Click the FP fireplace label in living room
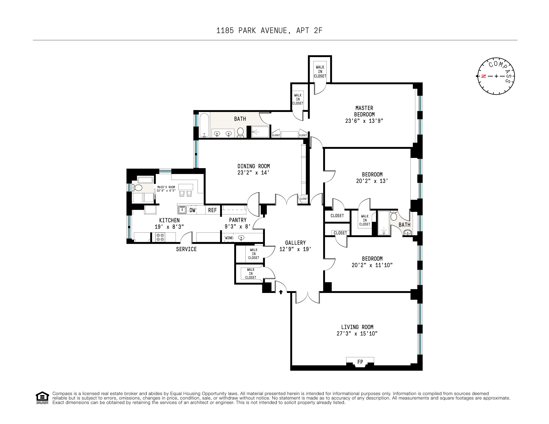point(360,362)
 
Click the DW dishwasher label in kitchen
point(192,210)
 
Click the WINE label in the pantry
point(229,238)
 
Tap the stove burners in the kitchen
point(160,237)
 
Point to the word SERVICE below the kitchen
point(186,249)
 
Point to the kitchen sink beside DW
point(182,210)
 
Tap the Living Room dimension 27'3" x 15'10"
point(357,334)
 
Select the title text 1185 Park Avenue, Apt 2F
point(269,31)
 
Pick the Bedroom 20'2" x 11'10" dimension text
point(372,265)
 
